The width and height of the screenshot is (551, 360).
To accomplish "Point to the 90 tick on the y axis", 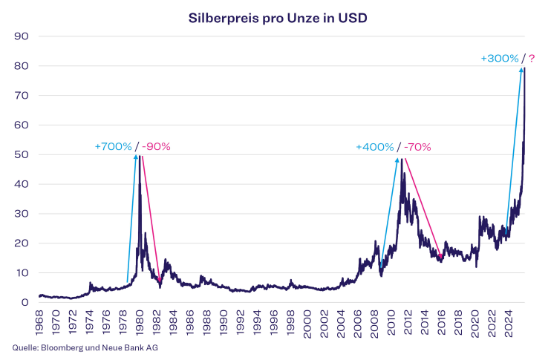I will [22, 36].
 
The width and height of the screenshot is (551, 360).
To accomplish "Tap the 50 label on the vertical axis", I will [22, 154].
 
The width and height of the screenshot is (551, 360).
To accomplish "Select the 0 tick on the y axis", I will [25, 302].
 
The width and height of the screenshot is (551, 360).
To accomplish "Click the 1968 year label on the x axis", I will [39, 321].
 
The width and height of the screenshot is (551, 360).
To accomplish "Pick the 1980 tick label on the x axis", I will [140, 321].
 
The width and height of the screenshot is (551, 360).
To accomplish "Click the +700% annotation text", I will [113, 146].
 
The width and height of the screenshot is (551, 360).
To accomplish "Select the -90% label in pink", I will [157, 146].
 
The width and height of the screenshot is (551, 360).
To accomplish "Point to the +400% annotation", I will [375, 147].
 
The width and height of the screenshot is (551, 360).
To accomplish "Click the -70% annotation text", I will [417, 147].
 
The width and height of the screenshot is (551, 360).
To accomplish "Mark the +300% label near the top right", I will [500, 57].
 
